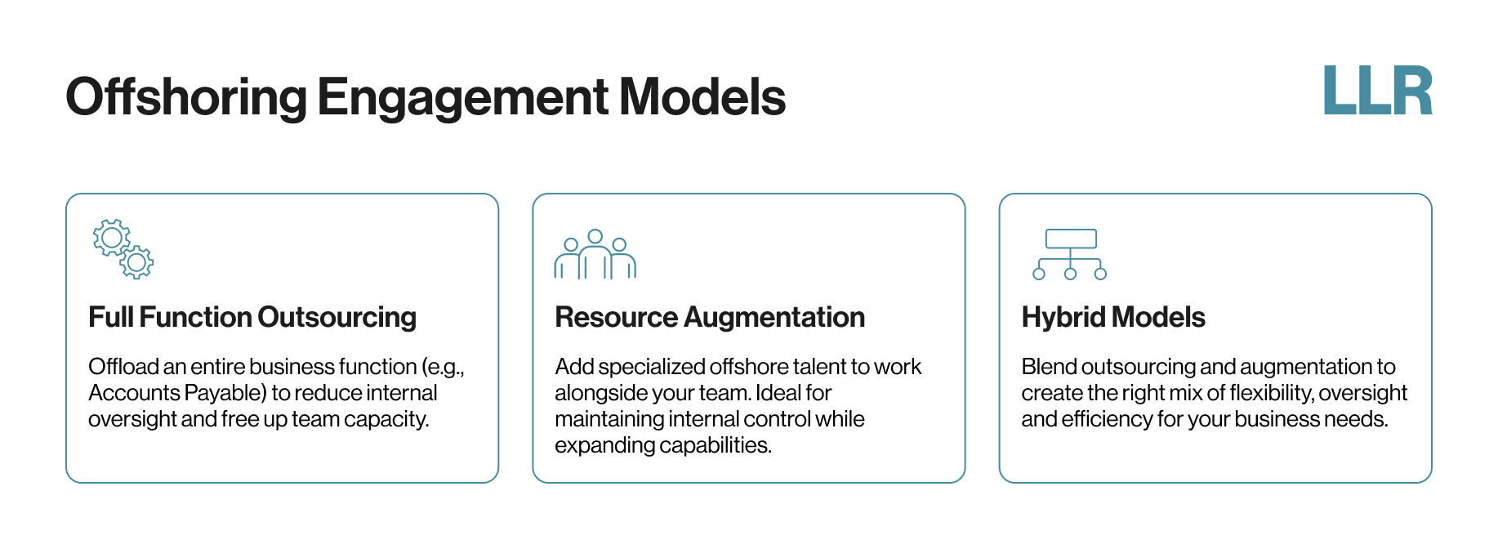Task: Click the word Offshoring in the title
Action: (x=186, y=96)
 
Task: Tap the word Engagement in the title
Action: (x=462, y=98)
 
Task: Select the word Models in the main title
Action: (x=702, y=96)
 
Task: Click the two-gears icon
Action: (x=123, y=249)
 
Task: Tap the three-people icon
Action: (x=595, y=254)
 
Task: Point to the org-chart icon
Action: (x=1070, y=254)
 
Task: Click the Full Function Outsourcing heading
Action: (x=252, y=317)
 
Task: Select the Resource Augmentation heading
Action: (x=710, y=317)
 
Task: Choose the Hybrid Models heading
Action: (x=1113, y=317)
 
